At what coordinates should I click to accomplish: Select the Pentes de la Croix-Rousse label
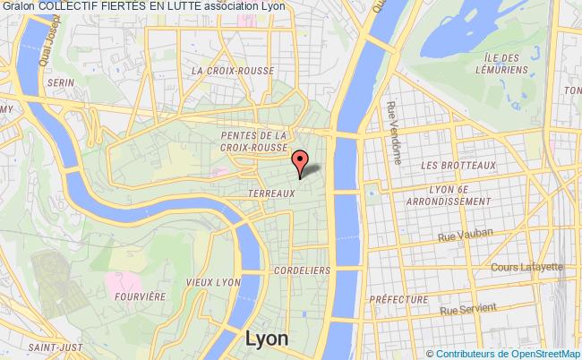click(x=254, y=141)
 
